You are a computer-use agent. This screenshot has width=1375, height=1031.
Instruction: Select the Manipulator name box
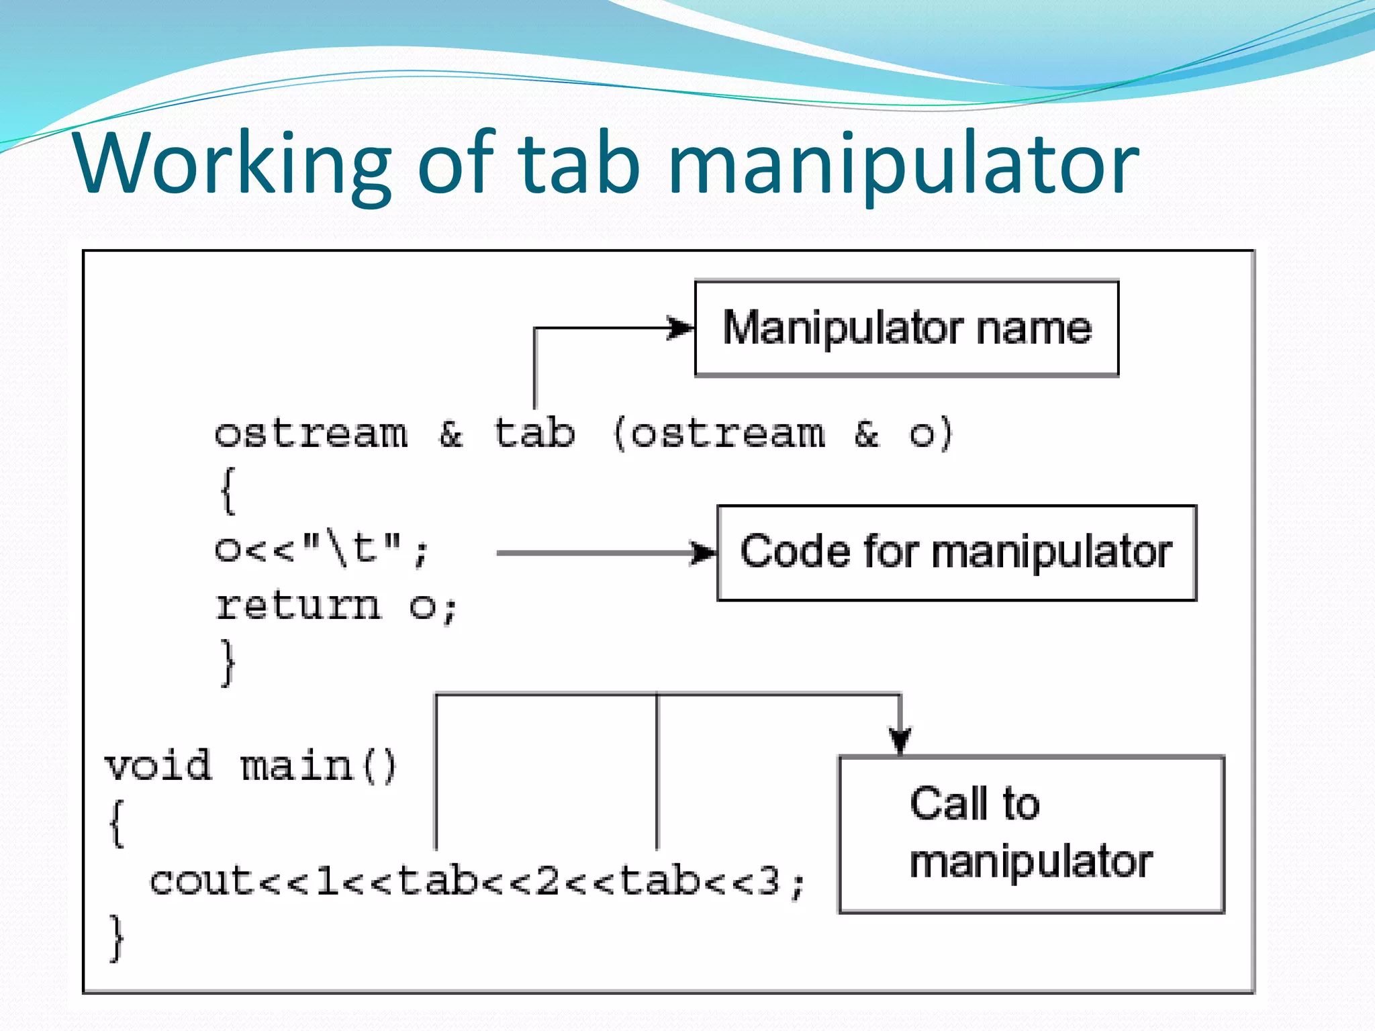coord(906,328)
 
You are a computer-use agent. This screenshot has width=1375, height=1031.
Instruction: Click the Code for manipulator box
coord(956,552)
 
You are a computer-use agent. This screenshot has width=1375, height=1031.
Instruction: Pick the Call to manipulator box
coord(1031,834)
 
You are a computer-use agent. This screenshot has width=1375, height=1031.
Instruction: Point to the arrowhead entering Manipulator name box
coord(681,328)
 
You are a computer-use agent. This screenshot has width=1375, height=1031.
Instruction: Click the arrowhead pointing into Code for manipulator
coord(704,553)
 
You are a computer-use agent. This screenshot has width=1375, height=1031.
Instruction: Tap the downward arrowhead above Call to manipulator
coord(900,740)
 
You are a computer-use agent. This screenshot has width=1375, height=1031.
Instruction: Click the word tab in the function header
coord(534,433)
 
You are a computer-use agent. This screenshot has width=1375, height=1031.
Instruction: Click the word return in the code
coord(298,606)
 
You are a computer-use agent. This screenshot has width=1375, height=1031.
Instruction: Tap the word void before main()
coord(158,766)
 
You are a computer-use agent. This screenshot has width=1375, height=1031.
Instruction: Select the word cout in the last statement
coord(201,881)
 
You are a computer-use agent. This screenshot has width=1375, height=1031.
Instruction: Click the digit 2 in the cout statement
coord(547,881)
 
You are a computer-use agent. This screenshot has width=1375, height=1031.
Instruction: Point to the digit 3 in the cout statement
coord(769,881)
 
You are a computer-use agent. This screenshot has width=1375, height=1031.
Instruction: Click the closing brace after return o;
coord(228,663)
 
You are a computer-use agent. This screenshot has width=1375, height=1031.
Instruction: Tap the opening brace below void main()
coord(117,824)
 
